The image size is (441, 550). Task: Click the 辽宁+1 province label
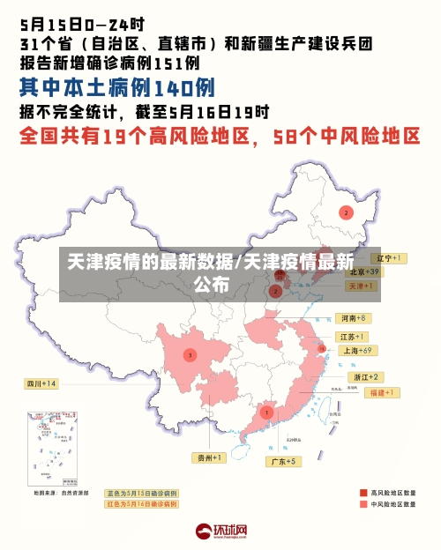click(x=387, y=258)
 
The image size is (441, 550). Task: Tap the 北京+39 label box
click(x=363, y=272)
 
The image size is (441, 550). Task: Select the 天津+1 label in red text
click(x=358, y=286)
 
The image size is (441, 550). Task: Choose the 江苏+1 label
click(x=352, y=338)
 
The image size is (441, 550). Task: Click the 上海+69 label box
click(x=357, y=351)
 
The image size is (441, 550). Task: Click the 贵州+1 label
click(x=210, y=457)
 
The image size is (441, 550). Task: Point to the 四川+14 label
click(x=41, y=383)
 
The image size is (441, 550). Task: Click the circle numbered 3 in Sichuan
click(x=190, y=354)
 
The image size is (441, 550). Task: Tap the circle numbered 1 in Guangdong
click(x=266, y=412)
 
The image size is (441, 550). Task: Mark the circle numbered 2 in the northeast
click(x=346, y=212)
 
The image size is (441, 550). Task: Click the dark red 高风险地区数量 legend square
click(x=363, y=493)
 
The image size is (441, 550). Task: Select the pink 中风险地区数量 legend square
click(x=363, y=505)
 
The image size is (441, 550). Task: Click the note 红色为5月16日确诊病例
click(x=141, y=504)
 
